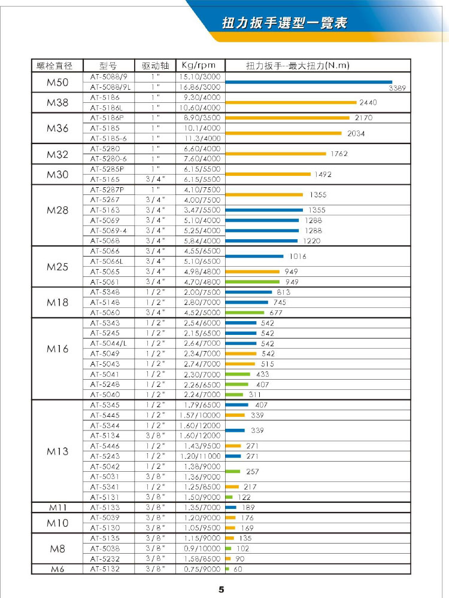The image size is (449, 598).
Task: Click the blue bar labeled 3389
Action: pyautogui.click(x=308, y=82)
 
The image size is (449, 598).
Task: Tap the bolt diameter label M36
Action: pyautogui.click(x=57, y=128)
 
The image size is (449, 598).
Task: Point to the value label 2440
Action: pyautogui.click(x=368, y=103)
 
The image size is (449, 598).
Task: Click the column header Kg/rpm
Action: pyautogui.click(x=200, y=65)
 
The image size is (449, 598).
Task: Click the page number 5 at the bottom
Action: pyautogui.click(x=221, y=590)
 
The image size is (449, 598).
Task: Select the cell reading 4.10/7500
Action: pyautogui.click(x=200, y=190)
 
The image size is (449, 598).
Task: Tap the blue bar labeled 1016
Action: pyautogui.click(x=254, y=256)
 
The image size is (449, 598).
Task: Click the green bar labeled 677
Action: pyautogui.click(x=245, y=312)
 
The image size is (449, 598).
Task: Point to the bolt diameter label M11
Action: pyautogui.click(x=57, y=508)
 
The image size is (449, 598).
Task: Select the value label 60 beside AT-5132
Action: pyautogui.click(x=238, y=569)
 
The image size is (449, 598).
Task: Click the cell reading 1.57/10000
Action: pyautogui.click(x=200, y=415)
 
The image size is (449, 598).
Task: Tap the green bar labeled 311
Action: pyautogui.click(x=234, y=394)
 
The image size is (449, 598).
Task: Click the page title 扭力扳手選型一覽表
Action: pyautogui.click(x=284, y=23)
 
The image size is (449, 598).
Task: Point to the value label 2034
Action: pyautogui.click(x=356, y=133)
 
